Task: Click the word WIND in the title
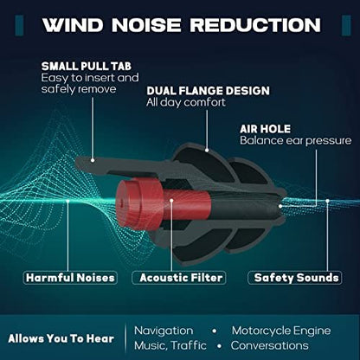point(73,25)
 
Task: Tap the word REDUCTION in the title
point(255,25)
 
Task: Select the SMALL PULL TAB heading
point(87,67)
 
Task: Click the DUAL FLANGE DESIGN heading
point(208,91)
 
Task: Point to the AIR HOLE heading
point(265,129)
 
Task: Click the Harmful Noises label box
point(70,278)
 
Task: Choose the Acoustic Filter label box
point(179,278)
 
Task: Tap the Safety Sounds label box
point(295,278)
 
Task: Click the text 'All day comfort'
point(186,102)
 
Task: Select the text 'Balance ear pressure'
point(296,141)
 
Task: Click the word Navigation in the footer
point(164,331)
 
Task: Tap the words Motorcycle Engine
point(281,331)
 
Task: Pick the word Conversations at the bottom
point(269,345)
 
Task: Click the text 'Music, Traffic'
point(170,345)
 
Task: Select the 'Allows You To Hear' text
point(61,338)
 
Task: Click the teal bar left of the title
point(19,25)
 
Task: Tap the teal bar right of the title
point(346,25)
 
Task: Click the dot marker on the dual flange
point(207,151)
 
